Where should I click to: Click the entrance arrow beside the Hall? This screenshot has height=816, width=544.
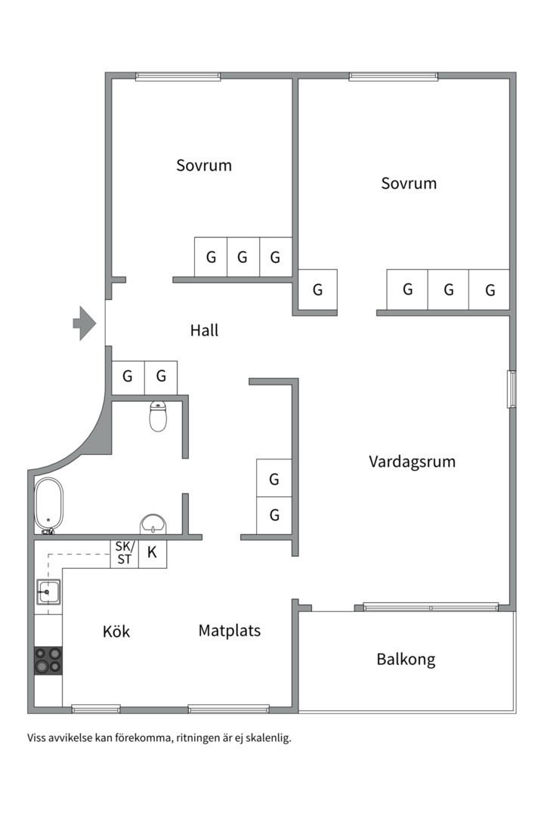[85, 323]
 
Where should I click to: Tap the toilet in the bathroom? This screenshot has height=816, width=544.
[158, 416]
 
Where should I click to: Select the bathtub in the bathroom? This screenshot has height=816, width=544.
[48, 505]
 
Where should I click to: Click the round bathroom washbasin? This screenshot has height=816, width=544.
[153, 524]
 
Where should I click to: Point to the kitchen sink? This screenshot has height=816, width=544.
[48, 592]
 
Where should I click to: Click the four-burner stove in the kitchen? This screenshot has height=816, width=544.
[48, 660]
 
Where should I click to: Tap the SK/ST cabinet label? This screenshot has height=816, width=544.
[125, 553]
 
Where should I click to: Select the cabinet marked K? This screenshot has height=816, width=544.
[153, 554]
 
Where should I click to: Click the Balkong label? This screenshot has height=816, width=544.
[406, 660]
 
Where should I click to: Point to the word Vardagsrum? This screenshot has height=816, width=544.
[413, 462]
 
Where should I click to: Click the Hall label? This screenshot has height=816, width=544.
[204, 330]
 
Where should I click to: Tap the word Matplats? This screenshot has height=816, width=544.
[230, 631]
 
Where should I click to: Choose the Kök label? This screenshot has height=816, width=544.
[116, 631]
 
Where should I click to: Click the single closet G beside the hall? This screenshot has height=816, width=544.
[317, 289]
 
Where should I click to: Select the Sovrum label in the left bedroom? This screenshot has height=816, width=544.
[204, 165]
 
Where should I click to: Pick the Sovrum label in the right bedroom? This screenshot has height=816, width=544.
[409, 183]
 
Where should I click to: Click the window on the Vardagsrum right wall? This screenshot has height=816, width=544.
[512, 389]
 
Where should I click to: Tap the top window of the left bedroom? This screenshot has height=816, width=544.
[178, 76]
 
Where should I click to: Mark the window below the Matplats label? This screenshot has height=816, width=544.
[228, 708]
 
